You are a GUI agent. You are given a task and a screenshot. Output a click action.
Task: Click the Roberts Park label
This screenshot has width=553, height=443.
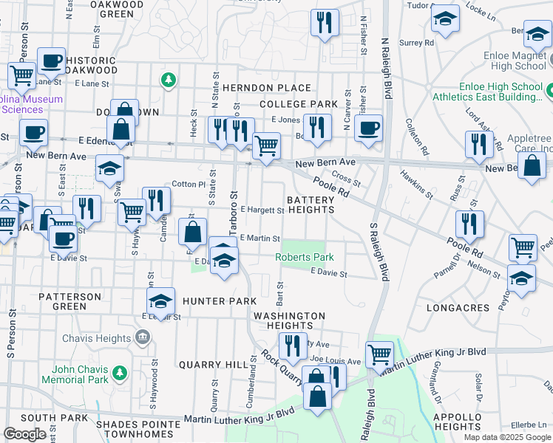tap(305, 257)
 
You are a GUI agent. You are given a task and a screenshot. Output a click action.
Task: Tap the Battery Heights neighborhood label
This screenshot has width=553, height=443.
tap(311, 204)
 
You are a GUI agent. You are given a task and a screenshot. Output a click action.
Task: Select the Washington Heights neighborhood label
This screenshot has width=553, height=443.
tap(289, 320)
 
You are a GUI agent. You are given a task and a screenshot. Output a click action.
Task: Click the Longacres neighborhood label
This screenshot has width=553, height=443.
tap(458, 307)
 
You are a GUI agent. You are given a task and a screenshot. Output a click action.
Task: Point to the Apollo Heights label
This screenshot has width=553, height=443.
tap(458, 422)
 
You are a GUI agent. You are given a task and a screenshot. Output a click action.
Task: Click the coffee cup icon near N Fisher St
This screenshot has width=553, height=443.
tap(367, 128)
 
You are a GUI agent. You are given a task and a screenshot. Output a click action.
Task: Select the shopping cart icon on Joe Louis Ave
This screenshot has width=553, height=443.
tap(379, 354)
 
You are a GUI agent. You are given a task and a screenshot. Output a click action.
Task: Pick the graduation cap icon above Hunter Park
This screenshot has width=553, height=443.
tap(160, 300)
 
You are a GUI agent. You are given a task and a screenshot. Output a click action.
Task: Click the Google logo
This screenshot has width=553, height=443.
tap(24, 434)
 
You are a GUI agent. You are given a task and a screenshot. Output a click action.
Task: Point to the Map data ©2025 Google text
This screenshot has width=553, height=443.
tap(507, 437)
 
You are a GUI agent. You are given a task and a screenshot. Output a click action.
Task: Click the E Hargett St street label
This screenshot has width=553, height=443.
tap(262, 210)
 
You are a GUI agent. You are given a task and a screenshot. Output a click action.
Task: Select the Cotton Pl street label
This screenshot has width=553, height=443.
tap(188, 184)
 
